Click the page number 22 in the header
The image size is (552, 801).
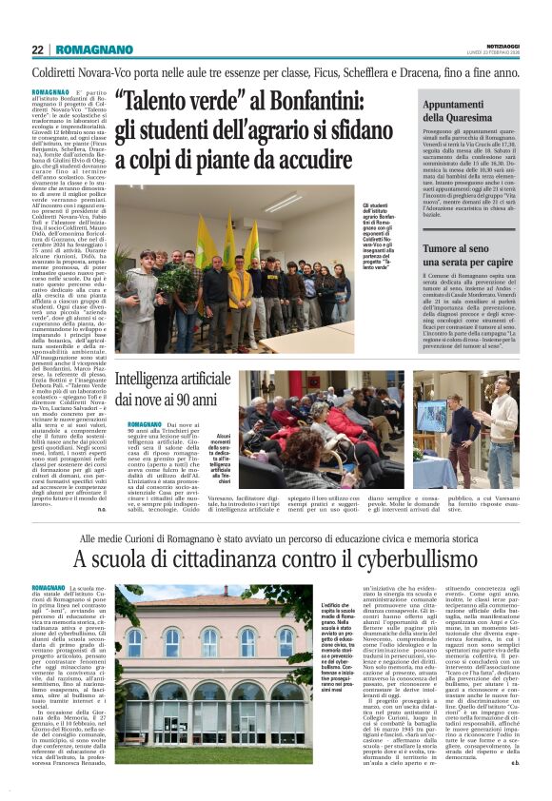click(37, 49)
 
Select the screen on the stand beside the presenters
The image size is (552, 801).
click(431, 416)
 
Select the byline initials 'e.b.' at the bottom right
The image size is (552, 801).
click(513, 761)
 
